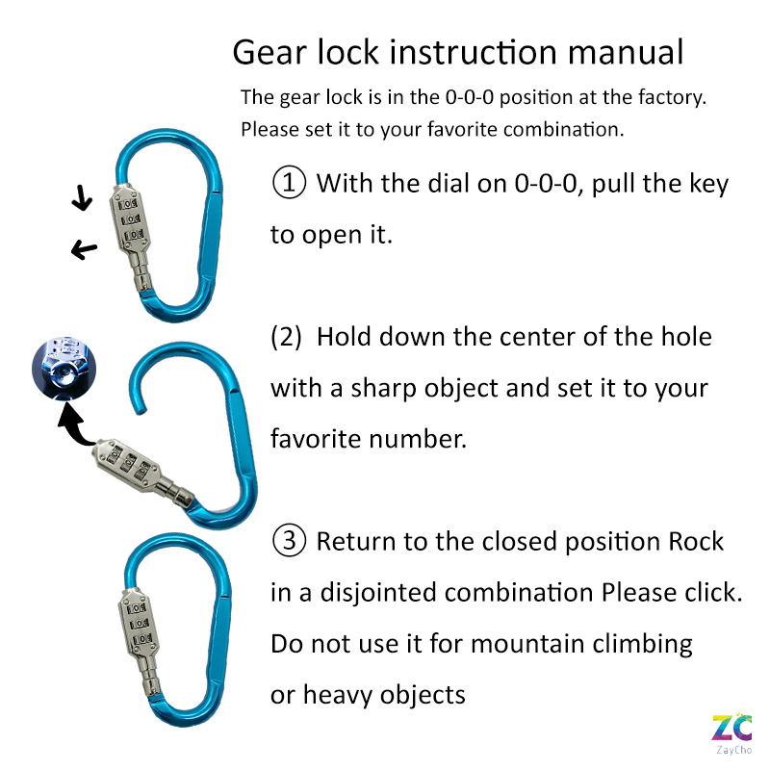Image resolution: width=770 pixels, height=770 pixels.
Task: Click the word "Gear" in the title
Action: [x=270, y=52]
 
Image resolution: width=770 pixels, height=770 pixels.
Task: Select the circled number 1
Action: [x=289, y=182]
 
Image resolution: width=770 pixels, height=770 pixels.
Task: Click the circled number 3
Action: [x=289, y=540]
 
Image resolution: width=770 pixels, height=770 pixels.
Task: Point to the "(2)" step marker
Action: [x=286, y=337]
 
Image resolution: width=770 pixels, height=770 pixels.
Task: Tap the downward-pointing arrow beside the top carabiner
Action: [x=82, y=197]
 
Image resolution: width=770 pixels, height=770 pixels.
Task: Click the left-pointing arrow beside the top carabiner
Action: [x=85, y=249]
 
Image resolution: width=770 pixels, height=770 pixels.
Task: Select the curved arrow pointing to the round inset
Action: [x=75, y=427]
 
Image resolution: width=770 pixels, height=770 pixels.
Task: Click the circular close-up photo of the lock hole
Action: [x=64, y=369]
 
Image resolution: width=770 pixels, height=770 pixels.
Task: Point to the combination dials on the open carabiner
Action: [x=128, y=465]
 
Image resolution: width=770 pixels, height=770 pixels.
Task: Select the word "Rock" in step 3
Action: [x=696, y=541]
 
